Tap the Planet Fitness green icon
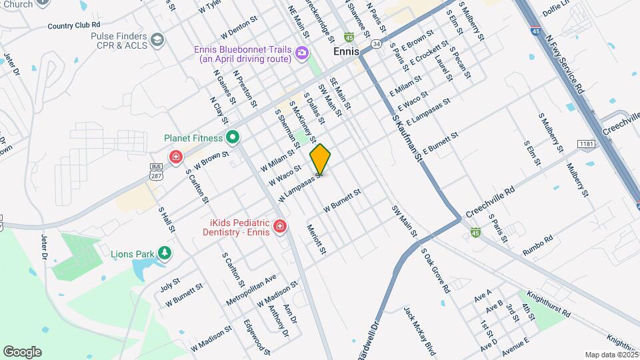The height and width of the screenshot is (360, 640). pyautogui.click(x=232, y=139)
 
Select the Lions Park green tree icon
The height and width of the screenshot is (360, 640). pyautogui.click(x=164, y=253)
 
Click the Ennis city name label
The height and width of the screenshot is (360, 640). pyautogui.click(x=346, y=51)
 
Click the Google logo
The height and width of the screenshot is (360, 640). pyautogui.click(x=22, y=351)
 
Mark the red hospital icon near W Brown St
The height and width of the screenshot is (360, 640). pyautogui.click(x=175, y=157)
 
